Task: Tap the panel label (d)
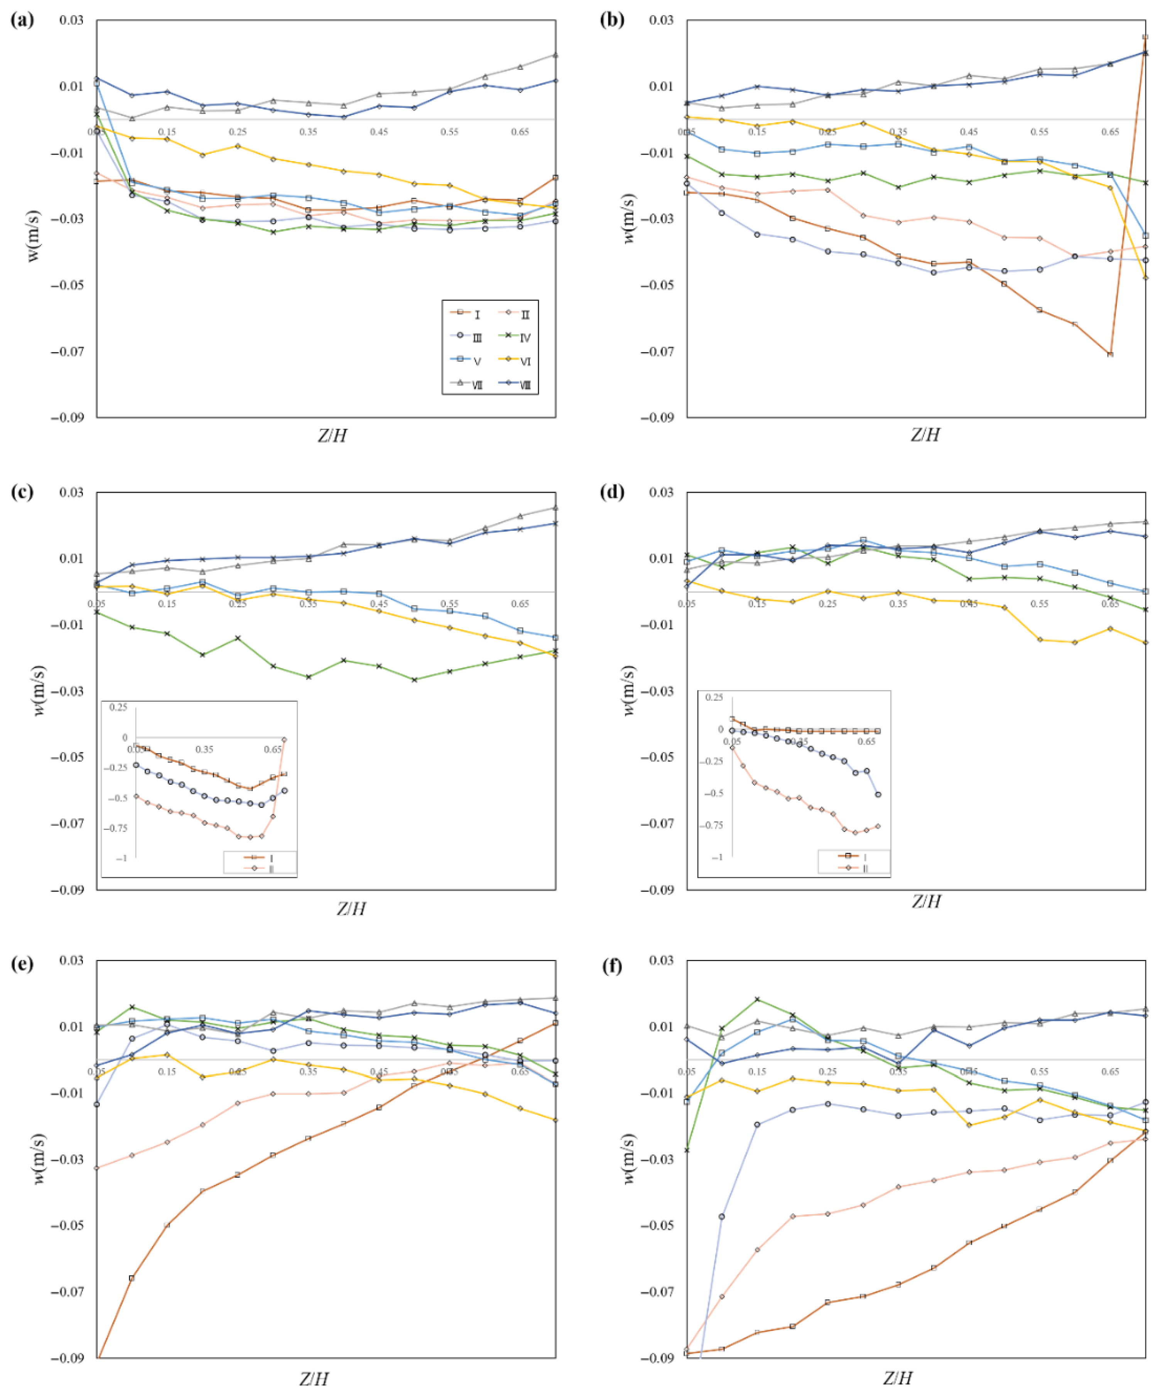(611, 492)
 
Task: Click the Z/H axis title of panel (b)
(925, 435)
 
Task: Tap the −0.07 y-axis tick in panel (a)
(69, 351)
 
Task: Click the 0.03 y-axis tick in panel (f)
(661, 960)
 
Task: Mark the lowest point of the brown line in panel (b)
(1110, 354)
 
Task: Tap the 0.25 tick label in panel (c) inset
(118, 708)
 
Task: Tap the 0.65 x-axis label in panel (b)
(1110, 132)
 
